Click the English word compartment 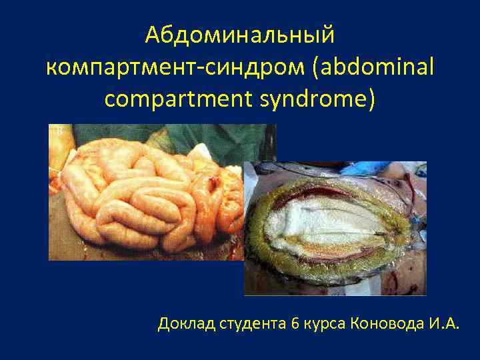[175, 99]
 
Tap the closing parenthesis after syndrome [371, 99]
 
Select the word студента [251, 325]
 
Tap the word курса [324, 325]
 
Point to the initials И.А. [443, 325]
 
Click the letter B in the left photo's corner [59, 132]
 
